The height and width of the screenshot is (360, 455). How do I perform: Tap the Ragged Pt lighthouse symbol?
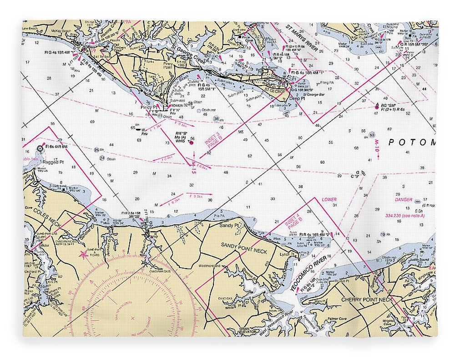[40, 148]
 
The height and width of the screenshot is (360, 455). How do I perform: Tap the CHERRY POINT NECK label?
[366, 299]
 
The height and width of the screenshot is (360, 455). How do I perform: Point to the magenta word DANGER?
[404, 200]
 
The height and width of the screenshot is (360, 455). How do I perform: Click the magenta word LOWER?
[329, 200]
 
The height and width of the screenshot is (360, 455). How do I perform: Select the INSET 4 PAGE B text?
[293, 228]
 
